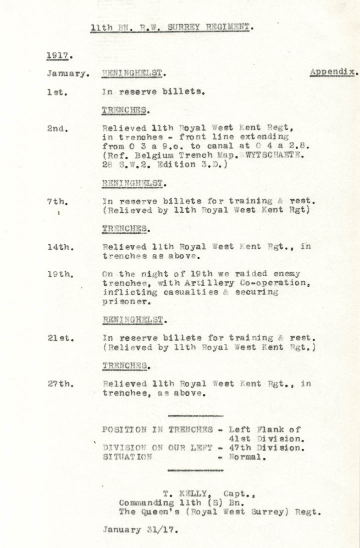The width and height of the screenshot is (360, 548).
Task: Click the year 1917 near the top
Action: click(x=57, y=55)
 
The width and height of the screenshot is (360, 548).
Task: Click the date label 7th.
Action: click(x=56, y=201)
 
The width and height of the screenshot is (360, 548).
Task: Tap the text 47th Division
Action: click(x=266, y=448)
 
